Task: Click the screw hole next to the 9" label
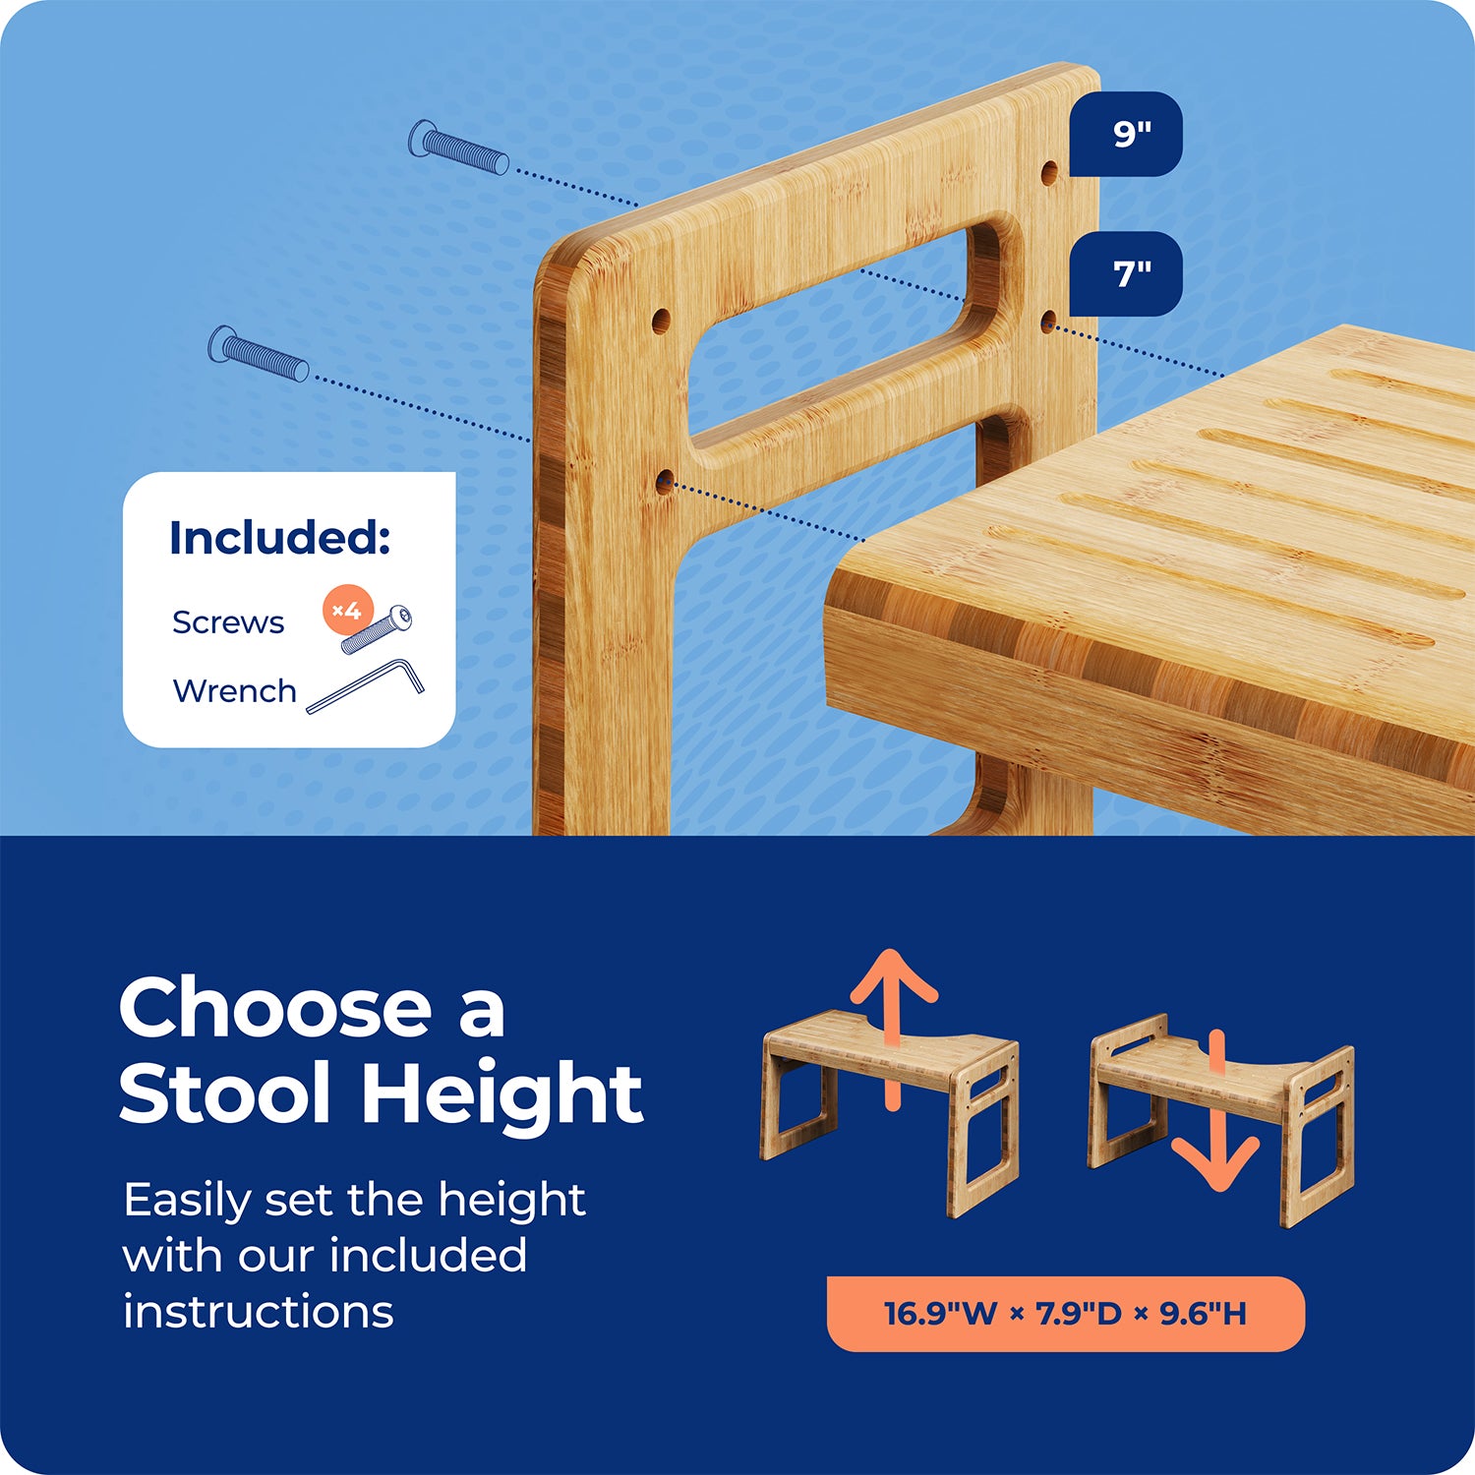(x=1050, y=174)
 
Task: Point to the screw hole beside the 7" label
(x=1049, y=322)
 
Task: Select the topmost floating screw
(x=458, y=147)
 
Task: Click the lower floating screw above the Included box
(x=259, y=354)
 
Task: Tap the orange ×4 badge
(x=347, y=611)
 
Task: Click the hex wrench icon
(x=366, y=685)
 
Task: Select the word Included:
(x=280, y=538)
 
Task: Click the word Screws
(x=228, y=622)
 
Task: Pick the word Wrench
(x=234, y=691)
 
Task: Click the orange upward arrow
(x=893, y=1029)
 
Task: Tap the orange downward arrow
(x=1216, y=1111)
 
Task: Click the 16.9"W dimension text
(x=941, y=1314)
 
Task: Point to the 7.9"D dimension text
(x=1079, y=1314)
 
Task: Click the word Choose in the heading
(x=275, y=1009)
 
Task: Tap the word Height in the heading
(x=502, y=1093)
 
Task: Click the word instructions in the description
(x=259, y=1312)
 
